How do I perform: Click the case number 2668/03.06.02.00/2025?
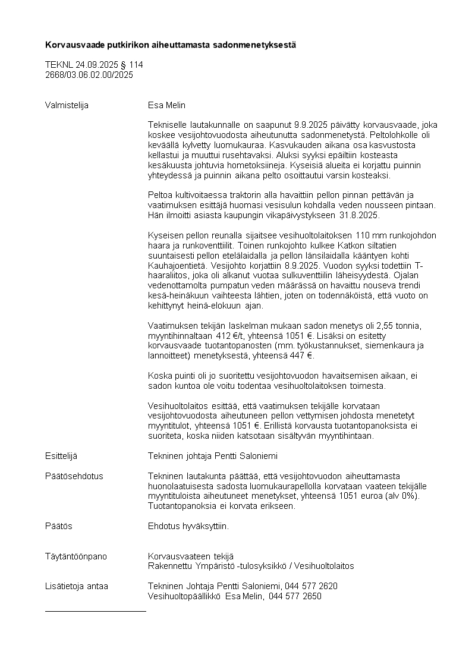point(89,75)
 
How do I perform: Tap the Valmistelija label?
point(67,105)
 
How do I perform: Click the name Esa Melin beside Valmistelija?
point(166,105)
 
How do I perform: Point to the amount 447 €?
point(302,355)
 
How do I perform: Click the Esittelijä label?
point(61,456)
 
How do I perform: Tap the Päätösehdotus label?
point(74,476)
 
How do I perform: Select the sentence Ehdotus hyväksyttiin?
point(188,526)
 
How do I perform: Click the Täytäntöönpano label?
point(76,556)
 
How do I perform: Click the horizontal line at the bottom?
point(95,611)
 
